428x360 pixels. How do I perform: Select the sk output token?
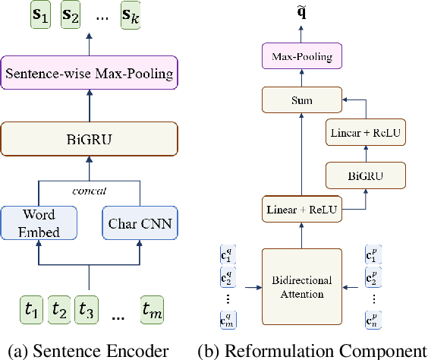tap(131, 15)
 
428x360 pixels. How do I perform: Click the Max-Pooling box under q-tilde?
tap(302, 55)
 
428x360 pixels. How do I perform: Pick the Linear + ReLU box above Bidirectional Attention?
tap(302, 210)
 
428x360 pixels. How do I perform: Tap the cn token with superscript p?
tap(373, 321)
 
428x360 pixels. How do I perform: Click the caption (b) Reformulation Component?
tap(312, 350)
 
